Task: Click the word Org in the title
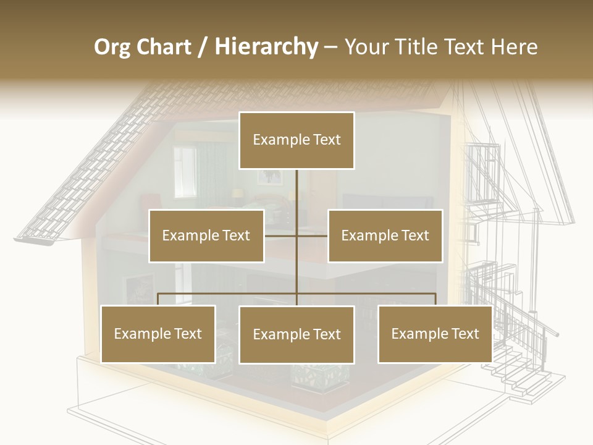coord(112,47)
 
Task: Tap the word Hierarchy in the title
coord(266,47)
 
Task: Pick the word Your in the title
coord(364,47)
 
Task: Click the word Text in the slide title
coord(464,47)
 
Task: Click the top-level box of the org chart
coord(296,140)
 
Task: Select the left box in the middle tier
coord(206,235)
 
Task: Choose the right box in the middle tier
coord(385,235)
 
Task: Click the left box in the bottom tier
coord(158,334)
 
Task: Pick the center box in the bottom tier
coord(296,334)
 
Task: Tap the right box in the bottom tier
coord(435,334)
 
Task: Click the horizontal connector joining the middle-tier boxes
coord(312,235)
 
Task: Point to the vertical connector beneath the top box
coord(296,192)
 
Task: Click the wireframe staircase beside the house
coord(519,365)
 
